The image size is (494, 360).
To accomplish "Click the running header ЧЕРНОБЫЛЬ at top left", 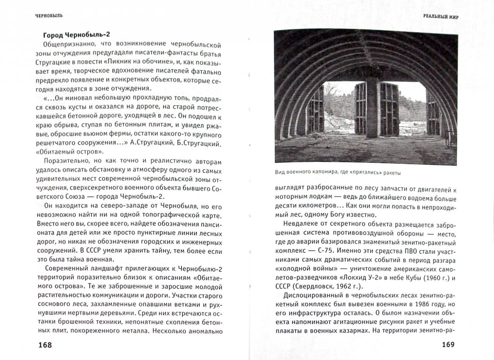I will click(x=49, y=15).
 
